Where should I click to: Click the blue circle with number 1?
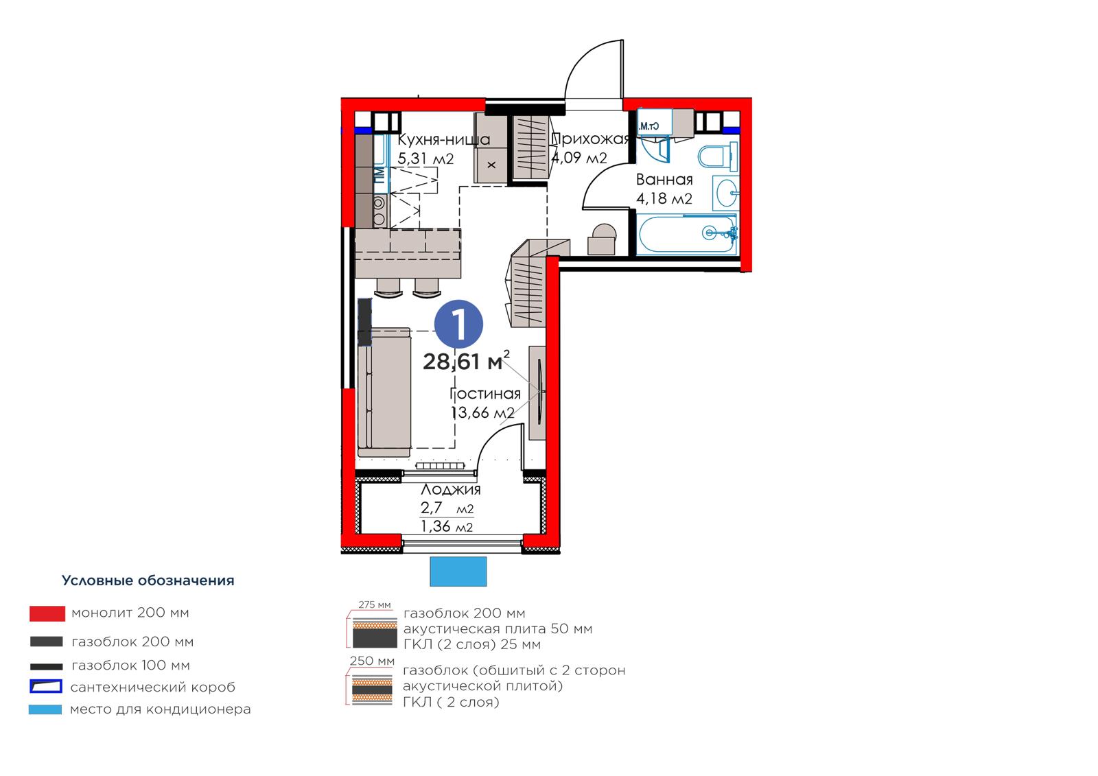pyautogui.click(x=458, y=324)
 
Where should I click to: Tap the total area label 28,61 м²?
pyautogui.click(x=466, y=361)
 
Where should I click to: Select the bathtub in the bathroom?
pyautogui.click(x=687, y=235)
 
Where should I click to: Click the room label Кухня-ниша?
pyautogui.click(x=443, y=140)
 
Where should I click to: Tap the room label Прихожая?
pyautogui.click(x=590, y=139)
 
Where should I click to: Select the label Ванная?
pyautogui.click(x=664, y=179)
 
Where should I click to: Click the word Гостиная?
pyautogui.click(x=484, y=394)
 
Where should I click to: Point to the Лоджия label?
pyautogui.click(x=450, y=489)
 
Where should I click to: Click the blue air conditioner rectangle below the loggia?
pyautogui.click(x=458, y=571)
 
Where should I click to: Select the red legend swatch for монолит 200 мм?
pyautogui.click(x=47, y=613)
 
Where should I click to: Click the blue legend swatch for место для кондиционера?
pyautogui.click(x=45, y=709)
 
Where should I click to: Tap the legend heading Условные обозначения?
pyautogui.click(x=148, y=580)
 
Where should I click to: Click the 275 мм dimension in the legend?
pyautogui.click(x=375, y=604)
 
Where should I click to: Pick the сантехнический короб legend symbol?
pyautogui.click(x=45, y=686)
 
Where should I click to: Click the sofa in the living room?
pyautogui.click(x=384, y=392)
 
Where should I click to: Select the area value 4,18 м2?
pyautogui.click(x=664, y=198)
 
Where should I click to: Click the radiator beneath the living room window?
pyautogui.click(x=440, y=466)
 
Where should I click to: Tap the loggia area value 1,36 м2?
pyautogui.click(x=447, y=526)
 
